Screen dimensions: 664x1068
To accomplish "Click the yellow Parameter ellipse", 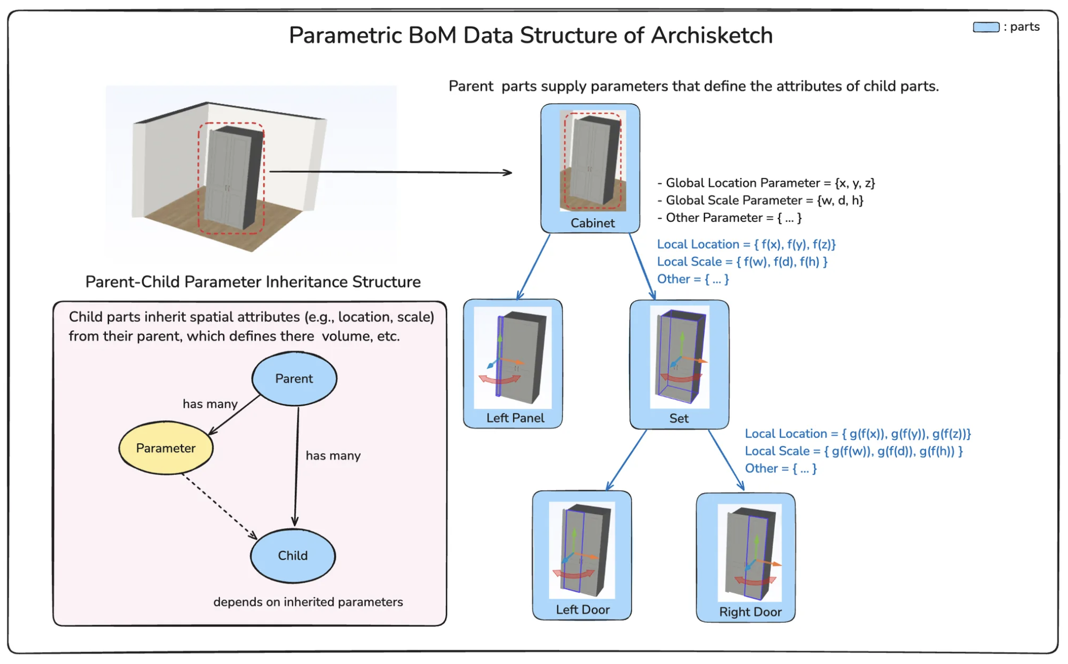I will [165, 448].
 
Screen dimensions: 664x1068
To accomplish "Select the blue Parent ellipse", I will [294, 378].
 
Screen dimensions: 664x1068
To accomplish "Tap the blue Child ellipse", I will [292, 555].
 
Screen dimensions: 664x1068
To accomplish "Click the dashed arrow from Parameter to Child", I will [219, 505].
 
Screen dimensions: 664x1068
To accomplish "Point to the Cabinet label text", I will [592, 223].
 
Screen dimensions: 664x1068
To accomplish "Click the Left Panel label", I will [515, 418].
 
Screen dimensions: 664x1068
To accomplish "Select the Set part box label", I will [679, 418].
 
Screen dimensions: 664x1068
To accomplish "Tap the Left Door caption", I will [583, 609].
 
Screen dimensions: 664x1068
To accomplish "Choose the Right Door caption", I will [750, 612].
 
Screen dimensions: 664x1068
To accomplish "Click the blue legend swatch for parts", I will [986, 27].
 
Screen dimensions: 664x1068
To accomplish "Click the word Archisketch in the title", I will [711, 35].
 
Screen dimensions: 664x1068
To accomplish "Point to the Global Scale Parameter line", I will [764, 200].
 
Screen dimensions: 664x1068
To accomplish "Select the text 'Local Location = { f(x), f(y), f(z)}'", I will [746, 244].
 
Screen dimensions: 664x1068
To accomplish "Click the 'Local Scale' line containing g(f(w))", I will [853, 451].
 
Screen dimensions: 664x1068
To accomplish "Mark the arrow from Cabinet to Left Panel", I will [533, 266].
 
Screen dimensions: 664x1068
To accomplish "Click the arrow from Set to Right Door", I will [726, 460].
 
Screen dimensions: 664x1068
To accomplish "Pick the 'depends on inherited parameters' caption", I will [308, 602].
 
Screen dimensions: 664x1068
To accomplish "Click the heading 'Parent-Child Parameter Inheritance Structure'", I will [253, 282].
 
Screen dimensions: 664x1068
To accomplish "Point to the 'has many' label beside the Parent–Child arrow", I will [333, 456].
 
